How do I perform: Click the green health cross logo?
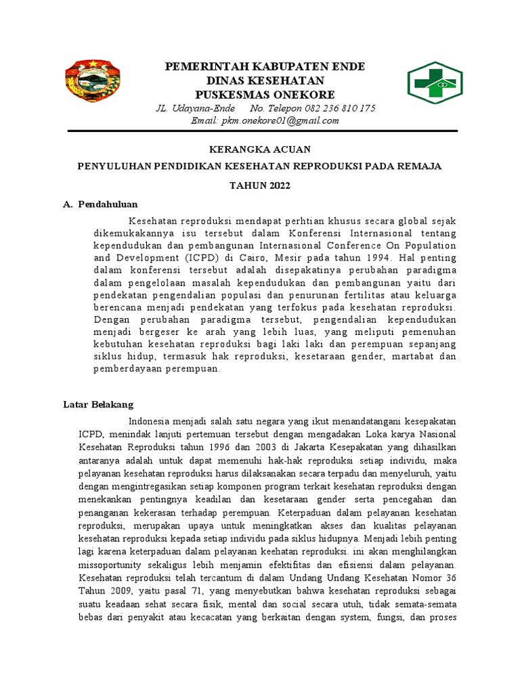(x=435, y=83)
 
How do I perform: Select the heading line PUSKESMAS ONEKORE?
(x=265, y=93)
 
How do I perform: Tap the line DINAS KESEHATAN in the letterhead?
(x=265, y=80)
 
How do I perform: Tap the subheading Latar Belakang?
(x=98, y=405)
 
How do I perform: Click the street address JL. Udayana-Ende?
(x=196, y=108)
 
